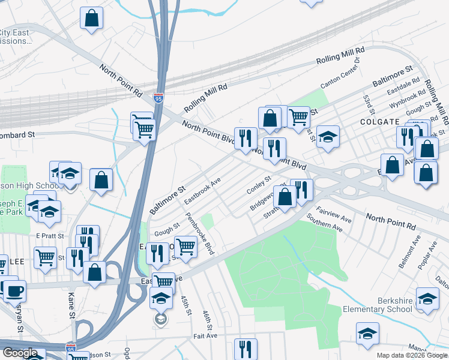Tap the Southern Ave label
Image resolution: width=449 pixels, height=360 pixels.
pyautogui.click(x=324, y=223)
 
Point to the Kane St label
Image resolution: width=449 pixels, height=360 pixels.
pyautogui.click(x=71, y=313)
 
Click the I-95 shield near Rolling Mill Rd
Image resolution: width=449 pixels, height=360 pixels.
pyautogui.click(x=158, y=97)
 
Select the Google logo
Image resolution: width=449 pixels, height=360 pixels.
pyautogui.click(x=20, y=352)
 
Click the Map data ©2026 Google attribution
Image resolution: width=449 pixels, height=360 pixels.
pyautogui.click(x=412, y=355)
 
